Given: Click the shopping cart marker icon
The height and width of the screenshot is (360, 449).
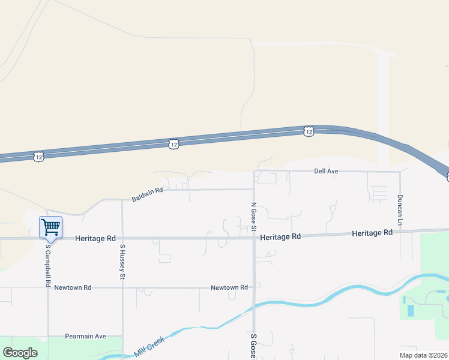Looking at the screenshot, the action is pyautogui.click(x=50, y=227).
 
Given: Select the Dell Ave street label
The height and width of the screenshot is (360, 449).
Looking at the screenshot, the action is pyautogui.click(x=327, y=171).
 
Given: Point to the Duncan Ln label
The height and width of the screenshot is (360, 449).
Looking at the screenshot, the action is pyautogui.click(x=399, y=206).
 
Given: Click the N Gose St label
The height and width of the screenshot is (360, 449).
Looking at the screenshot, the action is pyautogui.click(x=253, y=217).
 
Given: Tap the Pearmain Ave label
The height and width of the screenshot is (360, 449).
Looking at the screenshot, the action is pyautogui.click(x=85, y=336).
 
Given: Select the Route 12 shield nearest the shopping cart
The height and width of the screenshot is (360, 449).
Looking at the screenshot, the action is pyautogui.click(x=39, y=156).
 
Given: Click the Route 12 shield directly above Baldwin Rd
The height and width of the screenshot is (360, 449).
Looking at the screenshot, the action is pyautogui.click(x=173, y=143).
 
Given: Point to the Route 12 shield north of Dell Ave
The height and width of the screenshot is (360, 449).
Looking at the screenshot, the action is pyautogui.click(x=309, y=131).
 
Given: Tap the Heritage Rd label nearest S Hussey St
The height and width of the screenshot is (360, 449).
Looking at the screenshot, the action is pyautogui.click(x=95, y=238).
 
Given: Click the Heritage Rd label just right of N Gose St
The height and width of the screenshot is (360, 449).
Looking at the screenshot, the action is pyautogui.click(x=280, y=237).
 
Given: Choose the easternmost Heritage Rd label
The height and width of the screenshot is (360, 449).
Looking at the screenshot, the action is pyautogui.click(x=372, y=232).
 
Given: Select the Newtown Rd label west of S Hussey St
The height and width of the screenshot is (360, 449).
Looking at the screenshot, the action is pyautogui.click(x=73, y=287).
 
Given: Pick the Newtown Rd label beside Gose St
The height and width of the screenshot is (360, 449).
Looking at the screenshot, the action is pyautogui.click(x=229, y=287).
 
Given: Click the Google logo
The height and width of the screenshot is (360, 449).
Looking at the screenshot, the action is pyautogui.click(x=20, y=353).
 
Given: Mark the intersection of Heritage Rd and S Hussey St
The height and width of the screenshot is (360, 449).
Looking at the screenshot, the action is pyautogui.click(x=122, y=238).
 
